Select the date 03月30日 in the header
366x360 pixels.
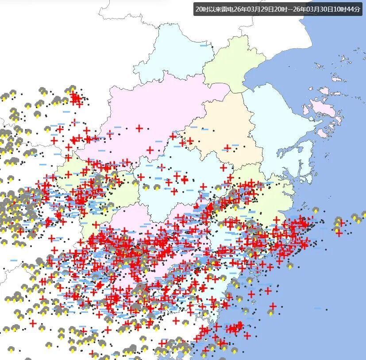[312, 9]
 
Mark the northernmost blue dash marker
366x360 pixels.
[67, 112]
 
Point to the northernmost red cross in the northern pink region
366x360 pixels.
[139, 128]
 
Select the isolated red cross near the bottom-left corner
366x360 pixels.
[33, 324]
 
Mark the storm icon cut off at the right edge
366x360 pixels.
[363, 216]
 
